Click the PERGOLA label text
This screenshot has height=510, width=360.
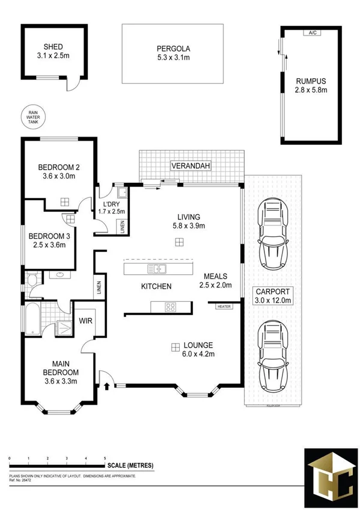coord(173,49)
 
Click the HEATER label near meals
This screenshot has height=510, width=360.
coord(224,307)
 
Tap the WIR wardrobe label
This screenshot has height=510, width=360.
coord(87,321)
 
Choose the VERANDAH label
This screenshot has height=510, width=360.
coord(189,165)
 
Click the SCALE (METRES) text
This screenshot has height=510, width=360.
coord(130,465)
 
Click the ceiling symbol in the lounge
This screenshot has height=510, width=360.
coord(174,346)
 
